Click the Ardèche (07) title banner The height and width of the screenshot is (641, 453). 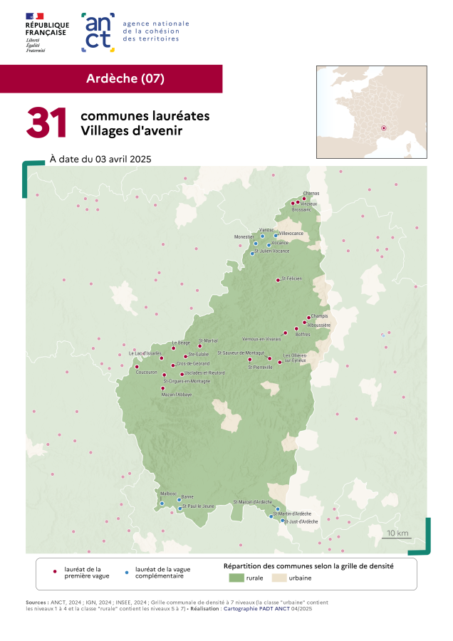coord(125,78)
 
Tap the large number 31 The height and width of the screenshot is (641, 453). coord(47,123)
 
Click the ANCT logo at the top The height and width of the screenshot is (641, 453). coord(98,32)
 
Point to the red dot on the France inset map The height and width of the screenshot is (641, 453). coord(383,128)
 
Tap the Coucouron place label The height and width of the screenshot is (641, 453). coord(146,372)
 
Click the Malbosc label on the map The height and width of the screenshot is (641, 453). coord(168,493)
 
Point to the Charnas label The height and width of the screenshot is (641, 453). coord(311,193)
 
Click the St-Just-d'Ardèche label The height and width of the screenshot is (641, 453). coord(301,521)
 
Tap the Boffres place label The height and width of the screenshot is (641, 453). coord(302,334)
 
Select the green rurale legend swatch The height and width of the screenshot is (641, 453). coord(236,578)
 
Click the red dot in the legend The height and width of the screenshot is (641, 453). coord(56,571)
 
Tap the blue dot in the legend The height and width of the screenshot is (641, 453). coord(127,571)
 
